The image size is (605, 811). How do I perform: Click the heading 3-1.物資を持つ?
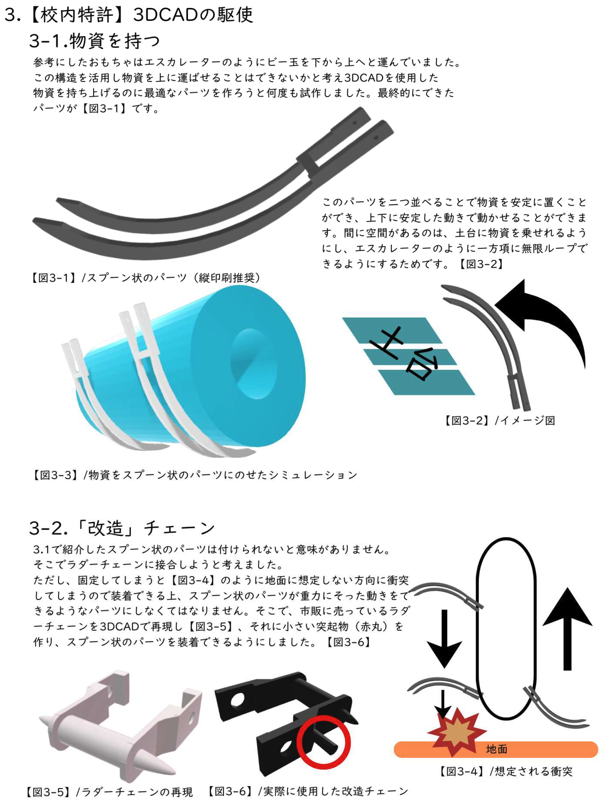click(x=95, y=41)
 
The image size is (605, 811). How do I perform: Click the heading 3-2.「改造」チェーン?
click(x=122, y=528)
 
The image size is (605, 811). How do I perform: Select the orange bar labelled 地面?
click(x=496, y=750)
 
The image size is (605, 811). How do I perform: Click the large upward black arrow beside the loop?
click(x=567, y=629)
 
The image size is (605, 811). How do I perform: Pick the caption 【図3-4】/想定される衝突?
click(x=505, y=772)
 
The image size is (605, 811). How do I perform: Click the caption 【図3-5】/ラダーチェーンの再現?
click(x=109, y=792)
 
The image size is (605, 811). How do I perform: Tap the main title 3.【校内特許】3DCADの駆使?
click(x=128, y=15)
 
